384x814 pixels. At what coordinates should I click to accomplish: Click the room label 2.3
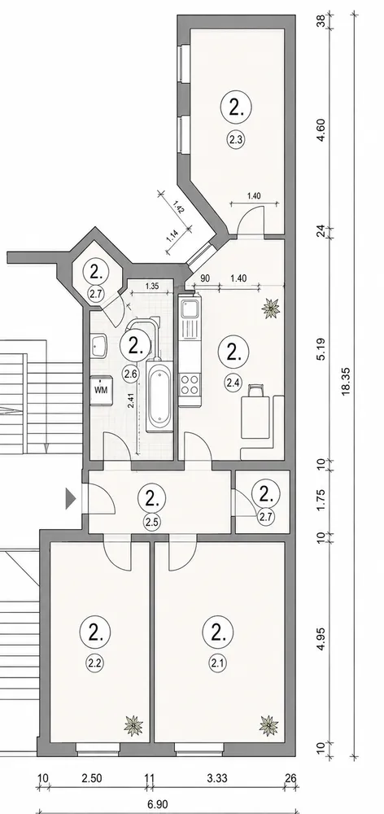[236, 139]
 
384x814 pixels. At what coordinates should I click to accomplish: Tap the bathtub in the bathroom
[159, 396]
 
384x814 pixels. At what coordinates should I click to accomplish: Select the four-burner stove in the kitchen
[190, 385]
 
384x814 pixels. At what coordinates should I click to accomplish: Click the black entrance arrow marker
[70, 500]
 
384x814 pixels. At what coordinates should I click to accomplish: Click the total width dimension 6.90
[158, 804]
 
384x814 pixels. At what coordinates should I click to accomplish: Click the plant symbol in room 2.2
[134, 725]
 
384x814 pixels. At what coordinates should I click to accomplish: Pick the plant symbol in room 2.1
[268, 724]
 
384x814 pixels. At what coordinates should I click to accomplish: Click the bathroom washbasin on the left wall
[99, 346]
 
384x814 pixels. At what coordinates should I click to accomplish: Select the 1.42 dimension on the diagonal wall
[179, 208]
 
